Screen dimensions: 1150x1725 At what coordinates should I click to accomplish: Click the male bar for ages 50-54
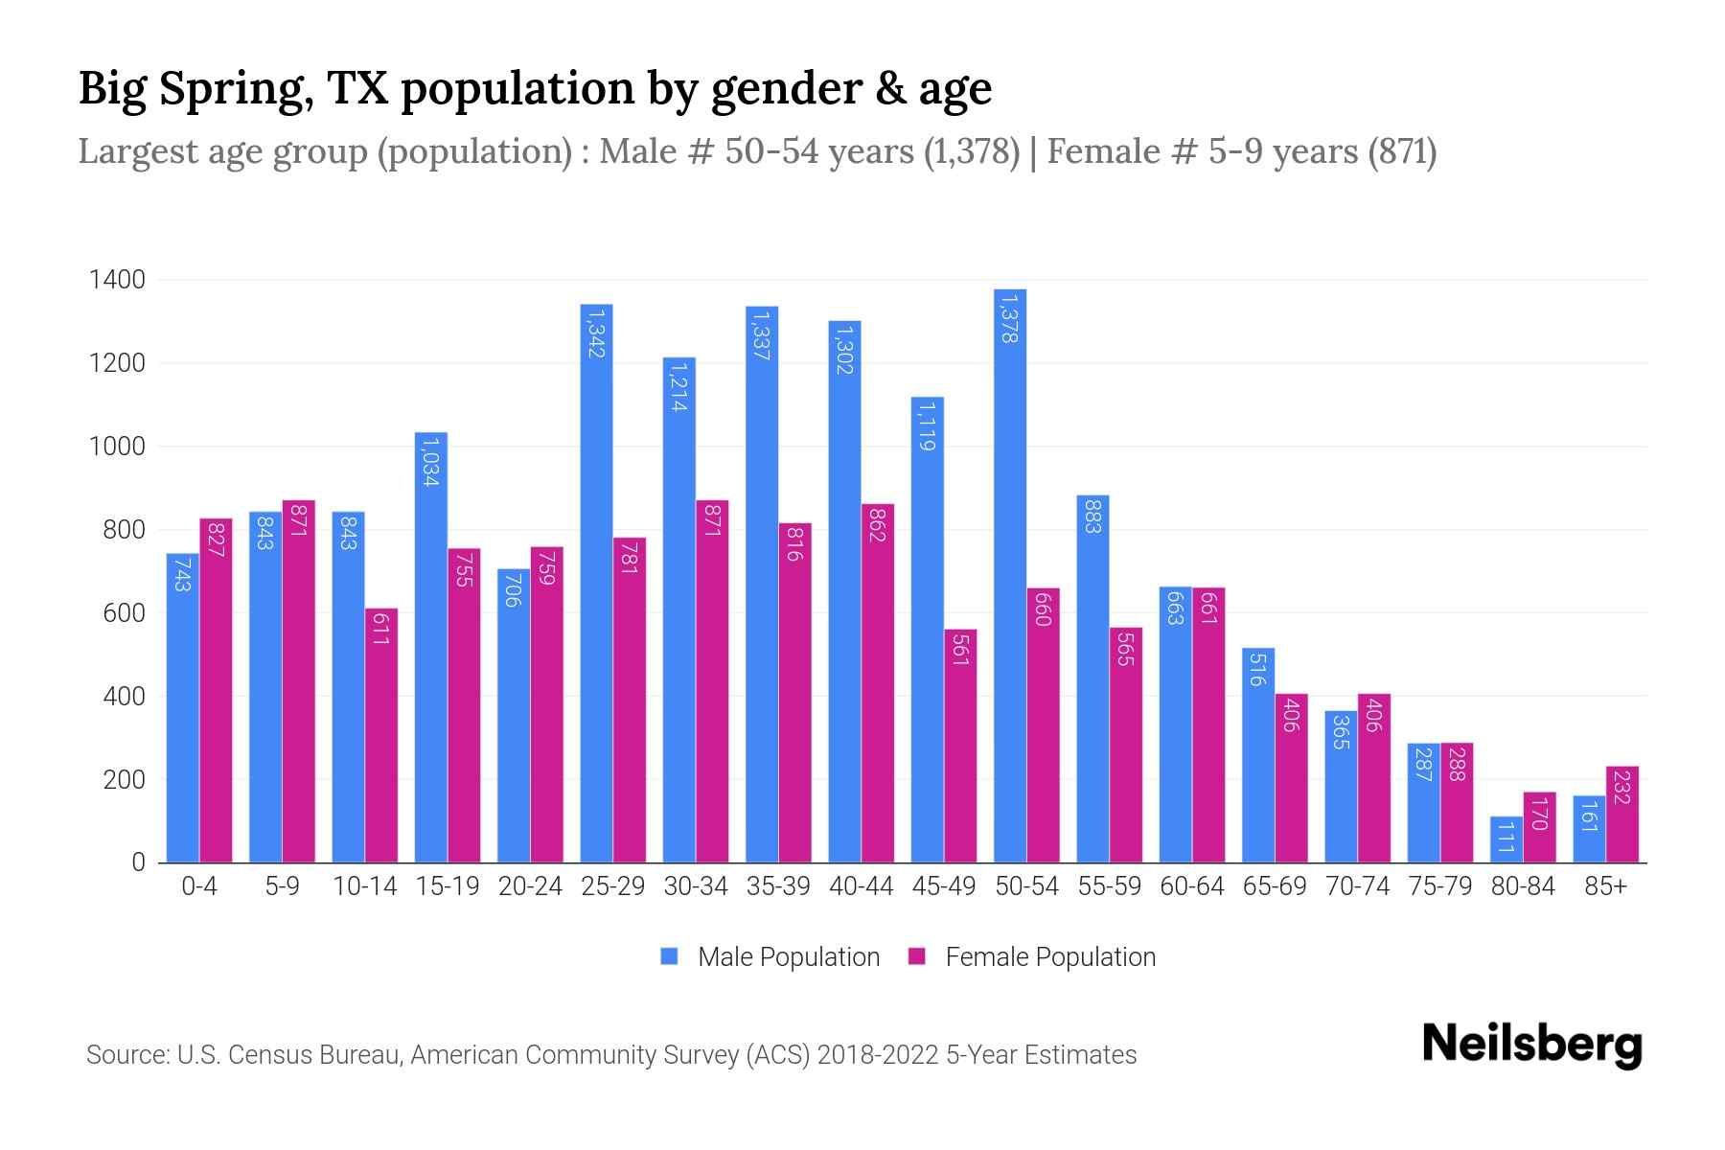1010,575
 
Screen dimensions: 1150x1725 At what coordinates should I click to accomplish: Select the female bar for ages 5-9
298,680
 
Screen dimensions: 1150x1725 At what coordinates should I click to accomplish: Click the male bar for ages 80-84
1506,839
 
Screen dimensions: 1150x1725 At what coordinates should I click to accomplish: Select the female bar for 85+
1622,815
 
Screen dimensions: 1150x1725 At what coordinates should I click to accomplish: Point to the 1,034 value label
430,461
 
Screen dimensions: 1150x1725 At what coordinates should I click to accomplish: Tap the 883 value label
1092,517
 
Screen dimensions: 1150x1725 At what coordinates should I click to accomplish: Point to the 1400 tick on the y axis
117,280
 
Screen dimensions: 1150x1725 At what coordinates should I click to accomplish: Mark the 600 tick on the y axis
124,613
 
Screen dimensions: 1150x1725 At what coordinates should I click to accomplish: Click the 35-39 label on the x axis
778,886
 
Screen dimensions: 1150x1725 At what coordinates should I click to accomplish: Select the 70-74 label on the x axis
1357,886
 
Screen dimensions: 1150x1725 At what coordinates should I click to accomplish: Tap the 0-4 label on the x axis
199,886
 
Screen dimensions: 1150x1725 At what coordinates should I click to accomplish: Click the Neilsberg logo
1531,1045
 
